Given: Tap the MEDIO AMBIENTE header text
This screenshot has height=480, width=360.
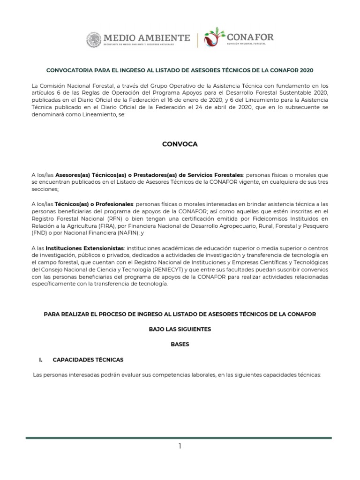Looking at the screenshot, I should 147,37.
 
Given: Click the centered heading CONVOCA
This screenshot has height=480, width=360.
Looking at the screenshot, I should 180,144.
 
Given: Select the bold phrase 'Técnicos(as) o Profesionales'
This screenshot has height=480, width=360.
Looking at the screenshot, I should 94,204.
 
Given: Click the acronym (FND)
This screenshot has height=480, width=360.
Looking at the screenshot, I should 39,233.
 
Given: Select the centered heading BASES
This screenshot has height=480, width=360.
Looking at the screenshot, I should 180,344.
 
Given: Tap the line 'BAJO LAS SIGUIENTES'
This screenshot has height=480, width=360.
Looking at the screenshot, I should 180,329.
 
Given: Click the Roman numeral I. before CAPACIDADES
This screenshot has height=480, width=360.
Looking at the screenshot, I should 41,360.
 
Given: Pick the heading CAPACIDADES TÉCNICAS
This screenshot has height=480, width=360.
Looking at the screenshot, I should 88,360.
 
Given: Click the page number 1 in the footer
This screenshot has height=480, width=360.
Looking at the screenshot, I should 180,446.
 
